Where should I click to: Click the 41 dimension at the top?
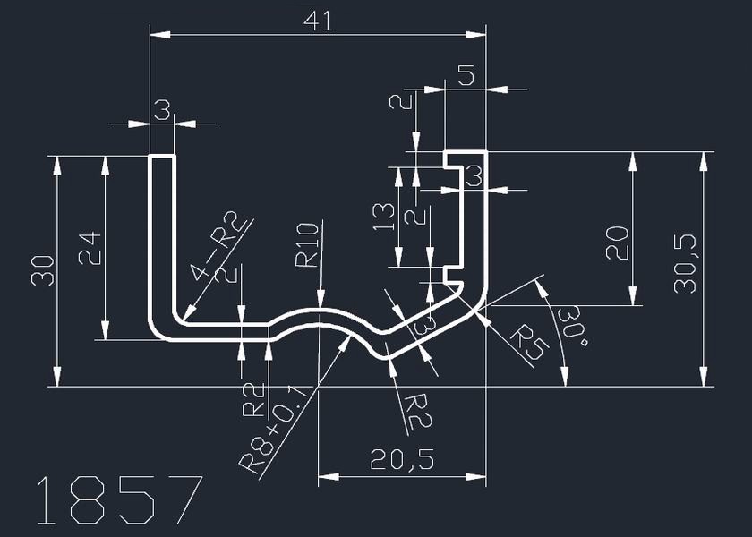[x=318, y=21]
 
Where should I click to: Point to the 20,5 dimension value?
[x=403, y=460]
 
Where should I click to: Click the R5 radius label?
[x=526, y=344]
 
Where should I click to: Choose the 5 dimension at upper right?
[x=466, y=76]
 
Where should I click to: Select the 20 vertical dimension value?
[x=617, y=242]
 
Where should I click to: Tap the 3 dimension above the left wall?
[x=161, y=111]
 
